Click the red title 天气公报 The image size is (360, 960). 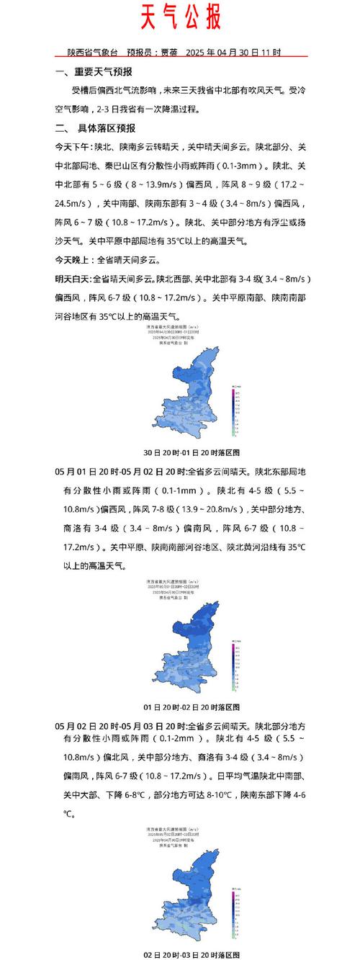pos(180,17)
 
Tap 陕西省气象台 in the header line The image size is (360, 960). pos(92,53)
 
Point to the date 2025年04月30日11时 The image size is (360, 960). pos(233,53)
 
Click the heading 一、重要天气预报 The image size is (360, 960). pos(94,73)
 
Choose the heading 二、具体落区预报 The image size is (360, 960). pos(95,128)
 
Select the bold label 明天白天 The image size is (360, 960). pos(73,279)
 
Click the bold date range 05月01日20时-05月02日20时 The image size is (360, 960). pos(120,472)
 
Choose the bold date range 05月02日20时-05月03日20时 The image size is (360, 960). pos(120,720)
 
